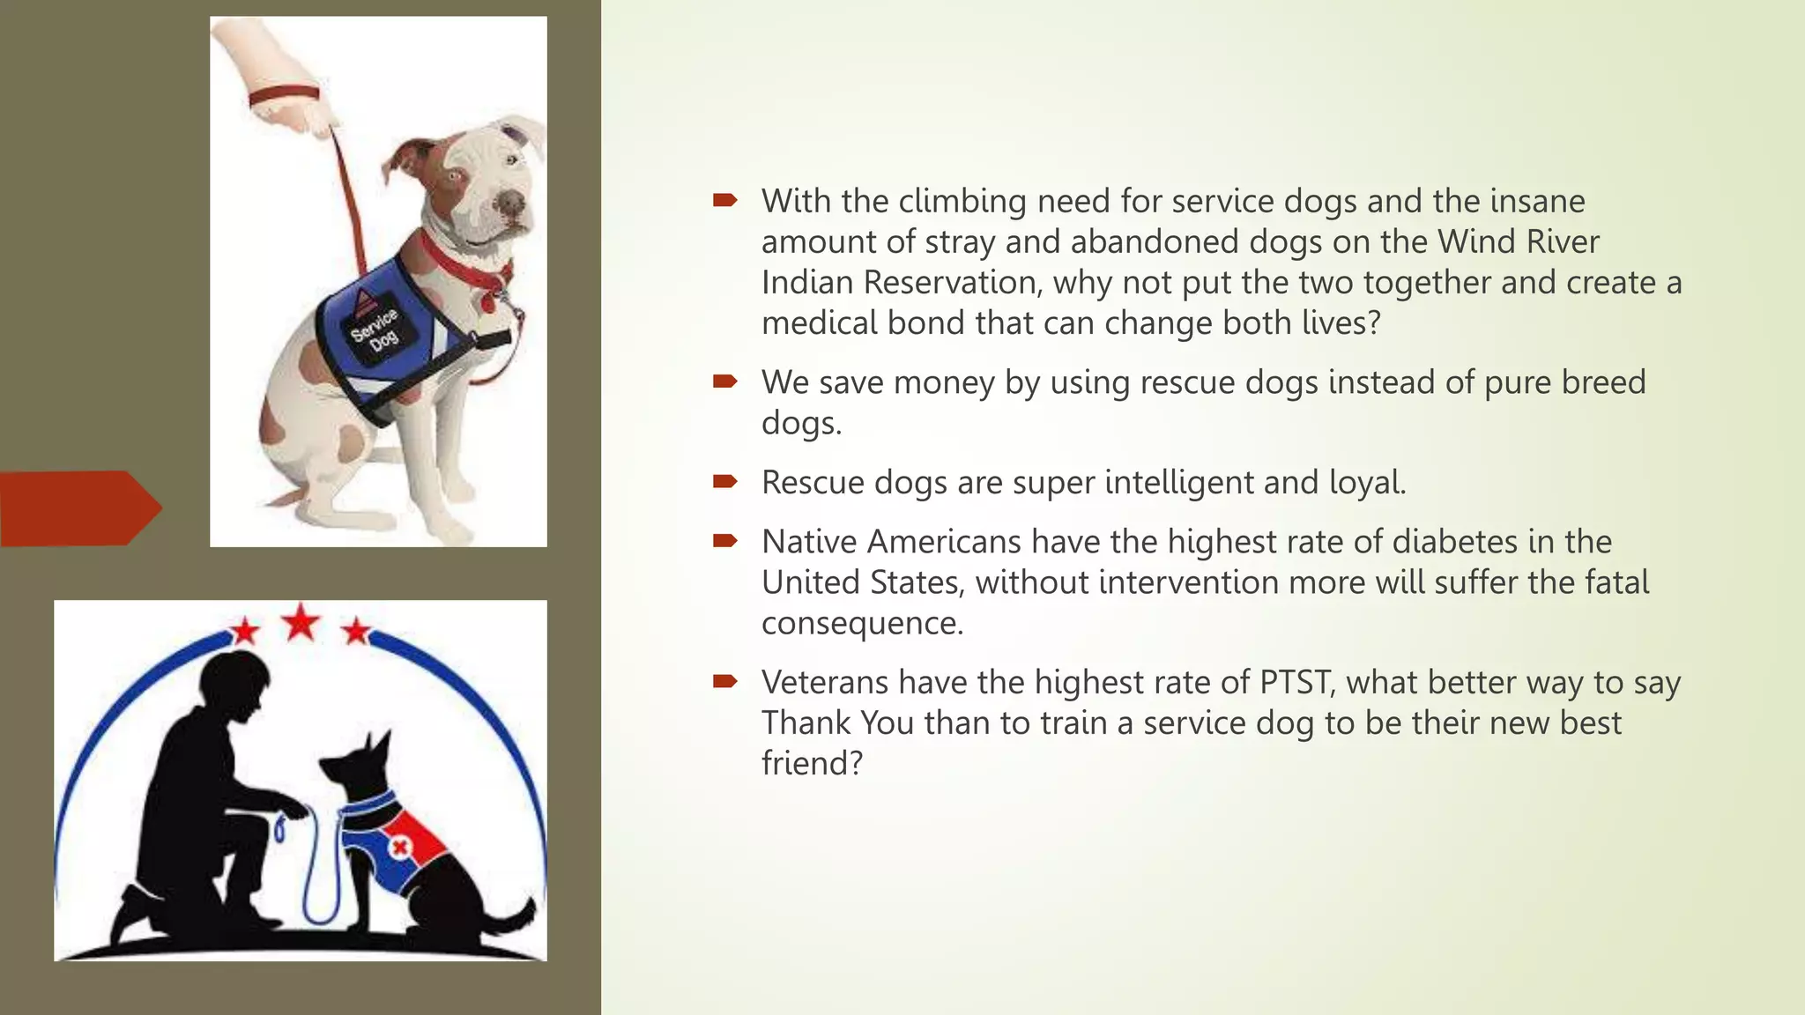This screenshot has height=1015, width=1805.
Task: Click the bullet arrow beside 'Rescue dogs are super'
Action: [x=724, y=481]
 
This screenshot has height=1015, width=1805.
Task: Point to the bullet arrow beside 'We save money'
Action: [x=724, y=381]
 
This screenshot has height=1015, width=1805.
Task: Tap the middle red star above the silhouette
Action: [x=301, y=622]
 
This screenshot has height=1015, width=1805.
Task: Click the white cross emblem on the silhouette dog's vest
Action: [x=399, y=848]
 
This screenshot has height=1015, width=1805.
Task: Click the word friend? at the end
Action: [x=811, y=764]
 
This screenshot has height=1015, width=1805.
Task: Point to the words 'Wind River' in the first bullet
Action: [x=1518, y=241]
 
